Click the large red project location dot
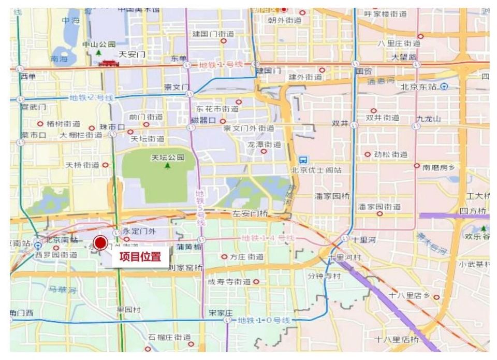(x=100, y=243)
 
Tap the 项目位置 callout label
(x=140, y=257)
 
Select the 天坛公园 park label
(x=167, y=157)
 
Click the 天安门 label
(x=132, y=54)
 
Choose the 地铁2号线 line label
(x=91, y=97)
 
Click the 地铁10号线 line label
(x=264, y=321)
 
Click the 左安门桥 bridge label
(x=250, y=214)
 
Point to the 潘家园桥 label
(x=332, y=197)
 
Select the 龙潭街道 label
(x=264, y=145)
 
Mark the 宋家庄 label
(x=221, y=313)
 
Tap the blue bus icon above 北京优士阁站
(x=303, y=160)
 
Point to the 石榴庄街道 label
(x=169, y=337)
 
